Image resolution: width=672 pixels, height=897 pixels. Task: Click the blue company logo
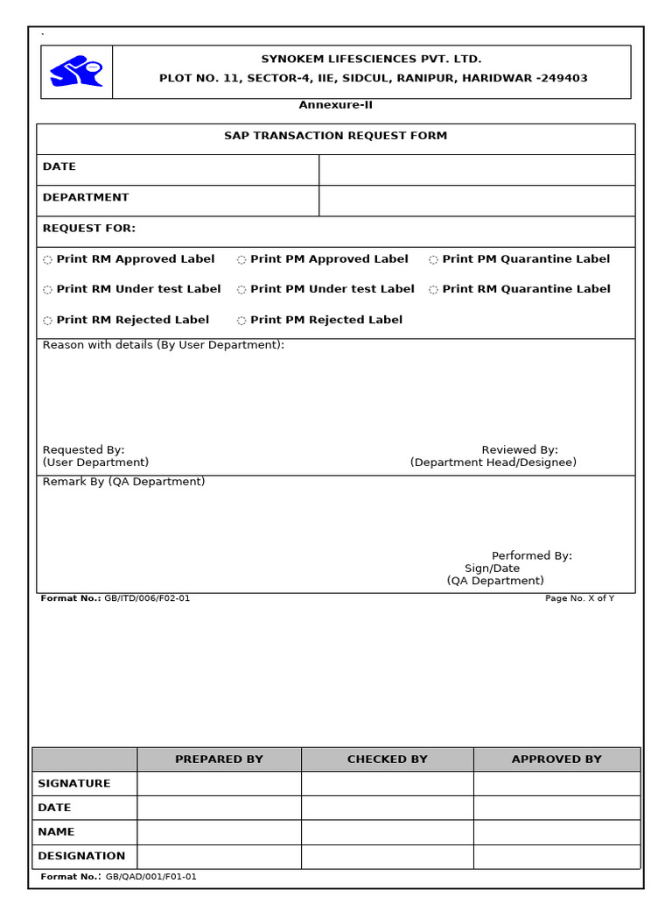tap(76, 72)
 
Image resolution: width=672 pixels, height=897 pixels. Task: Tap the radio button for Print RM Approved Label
tap(47, 260)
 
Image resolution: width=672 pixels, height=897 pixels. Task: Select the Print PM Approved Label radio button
tap(241, 260)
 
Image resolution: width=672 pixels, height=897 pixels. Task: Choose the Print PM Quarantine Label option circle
tap(433, 260)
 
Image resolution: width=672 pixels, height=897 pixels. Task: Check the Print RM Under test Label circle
tap(47, 290)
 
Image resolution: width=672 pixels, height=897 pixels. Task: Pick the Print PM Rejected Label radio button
tap(241, 321)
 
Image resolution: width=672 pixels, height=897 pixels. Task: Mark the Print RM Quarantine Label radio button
tap(433, 290)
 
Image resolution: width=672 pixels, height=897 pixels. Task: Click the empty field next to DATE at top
tap(476, 170)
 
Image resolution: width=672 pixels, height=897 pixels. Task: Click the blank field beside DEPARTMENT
tap(476, 201)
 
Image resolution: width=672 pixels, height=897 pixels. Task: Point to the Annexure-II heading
tap(335, 105)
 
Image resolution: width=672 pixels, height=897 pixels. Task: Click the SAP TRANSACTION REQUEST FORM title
tap(335, 136)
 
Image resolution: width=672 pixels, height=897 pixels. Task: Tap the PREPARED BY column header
tap(219, 759)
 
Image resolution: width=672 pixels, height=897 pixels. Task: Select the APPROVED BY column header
tap(556, 759)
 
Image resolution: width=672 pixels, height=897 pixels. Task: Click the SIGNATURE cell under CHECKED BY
tap(387, 783)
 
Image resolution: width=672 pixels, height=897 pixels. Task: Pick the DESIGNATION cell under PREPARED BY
tap(219, 856)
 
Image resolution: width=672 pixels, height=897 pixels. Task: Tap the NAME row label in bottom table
tap(56, 831)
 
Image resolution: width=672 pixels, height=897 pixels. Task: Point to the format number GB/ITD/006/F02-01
tap(146, 598)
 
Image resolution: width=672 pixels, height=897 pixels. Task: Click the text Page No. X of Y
tap(579, 598)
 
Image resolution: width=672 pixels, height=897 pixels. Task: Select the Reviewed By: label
tap(520, 450)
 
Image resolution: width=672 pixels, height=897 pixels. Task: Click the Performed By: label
tap(531, 556)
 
